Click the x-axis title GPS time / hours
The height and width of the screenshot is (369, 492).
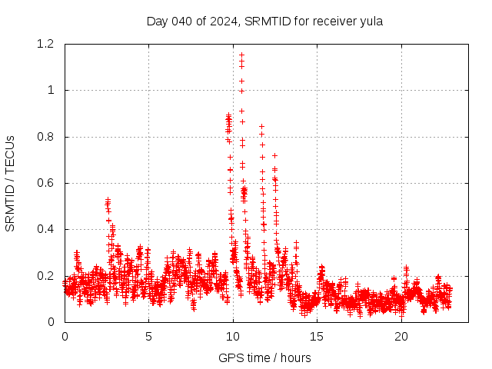(x=264, y=357)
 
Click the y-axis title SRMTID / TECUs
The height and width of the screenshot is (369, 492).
(x=11, y=183)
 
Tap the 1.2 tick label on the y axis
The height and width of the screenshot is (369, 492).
(x=45, y=45)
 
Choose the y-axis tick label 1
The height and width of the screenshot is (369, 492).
(x=51, y=91)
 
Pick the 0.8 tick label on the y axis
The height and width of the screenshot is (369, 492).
(x=45, y=137)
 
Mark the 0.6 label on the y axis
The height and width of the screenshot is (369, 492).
(x=45, y=183)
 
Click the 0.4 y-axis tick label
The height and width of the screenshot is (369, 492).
(x=45, y=230)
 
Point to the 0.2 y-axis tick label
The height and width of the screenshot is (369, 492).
(x=45, y=276)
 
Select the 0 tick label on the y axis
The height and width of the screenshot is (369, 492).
(x=51, y=322)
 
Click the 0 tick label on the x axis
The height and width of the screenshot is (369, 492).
(x=65, y=337)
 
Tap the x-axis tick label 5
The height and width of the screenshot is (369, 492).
(x=148, y=337)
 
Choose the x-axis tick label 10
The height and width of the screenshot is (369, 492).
(x=233, y=337)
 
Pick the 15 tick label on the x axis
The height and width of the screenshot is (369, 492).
(x=317, y=337)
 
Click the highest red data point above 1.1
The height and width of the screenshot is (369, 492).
(x=241, y=55)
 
